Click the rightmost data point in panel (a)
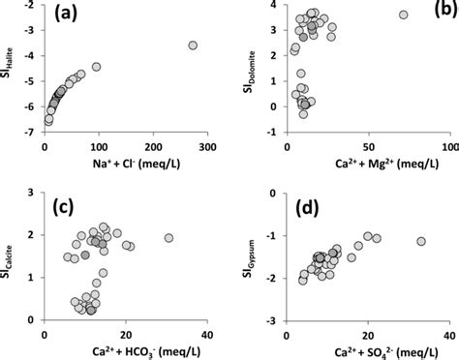tap(193, 45)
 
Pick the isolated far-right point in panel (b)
tap(404, 15)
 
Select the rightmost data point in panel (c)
tap(169, 238)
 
